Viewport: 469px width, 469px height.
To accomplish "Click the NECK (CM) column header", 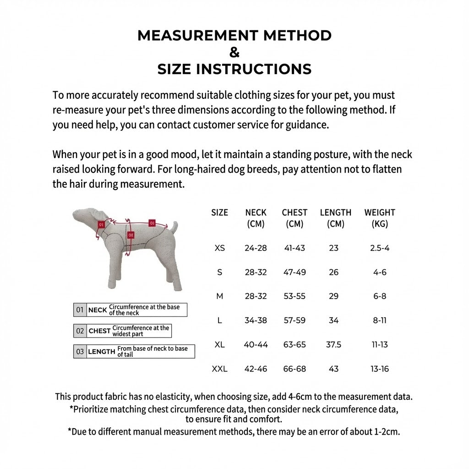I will coord(256,218).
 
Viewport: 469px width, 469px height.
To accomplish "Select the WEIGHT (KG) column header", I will coord(379,218).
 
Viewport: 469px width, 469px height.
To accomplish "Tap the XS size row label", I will coord(220,248).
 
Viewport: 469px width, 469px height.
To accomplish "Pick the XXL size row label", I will coord(220,369).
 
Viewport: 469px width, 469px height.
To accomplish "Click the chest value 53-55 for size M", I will coord(294,296).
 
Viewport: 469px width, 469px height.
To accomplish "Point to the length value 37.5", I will coord(333,344).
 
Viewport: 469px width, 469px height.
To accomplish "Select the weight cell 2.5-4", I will coord(379,248).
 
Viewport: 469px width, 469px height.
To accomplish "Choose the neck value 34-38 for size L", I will coord(256,320).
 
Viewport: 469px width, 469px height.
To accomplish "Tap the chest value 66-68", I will coord(294,369).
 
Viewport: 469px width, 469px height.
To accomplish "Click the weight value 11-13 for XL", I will coord(379,344).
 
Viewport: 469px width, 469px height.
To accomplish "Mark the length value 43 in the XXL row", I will coord(333,369).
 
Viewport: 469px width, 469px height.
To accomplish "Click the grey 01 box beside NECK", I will coord(80,310).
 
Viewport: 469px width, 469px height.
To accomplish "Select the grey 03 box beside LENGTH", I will coord(80,351).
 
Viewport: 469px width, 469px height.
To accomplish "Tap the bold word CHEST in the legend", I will coord(99,331).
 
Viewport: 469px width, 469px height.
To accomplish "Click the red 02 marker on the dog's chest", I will coord(131,234).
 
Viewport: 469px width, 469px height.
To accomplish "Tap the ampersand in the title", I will coord(234,52).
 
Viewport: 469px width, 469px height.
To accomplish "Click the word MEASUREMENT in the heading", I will coord(189,35).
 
